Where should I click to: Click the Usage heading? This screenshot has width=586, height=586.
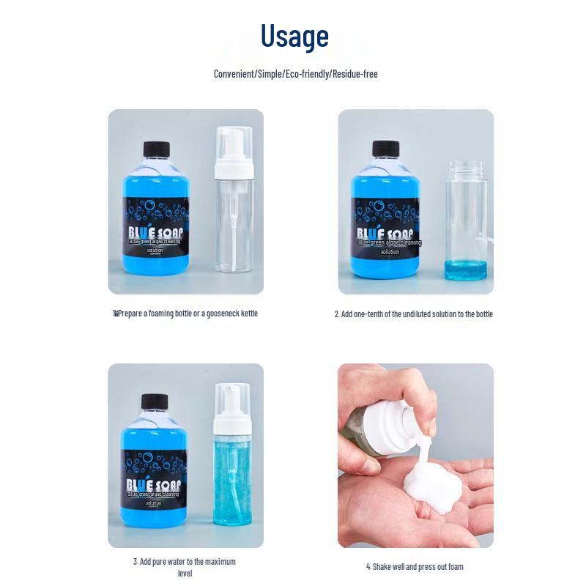[295, 36]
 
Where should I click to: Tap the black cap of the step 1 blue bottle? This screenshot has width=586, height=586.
[155, 149]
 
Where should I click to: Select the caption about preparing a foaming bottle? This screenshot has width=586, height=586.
[186, 314]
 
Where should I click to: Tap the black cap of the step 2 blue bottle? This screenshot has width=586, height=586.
[385, 149]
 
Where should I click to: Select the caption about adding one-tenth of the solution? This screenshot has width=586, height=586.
[414, 314]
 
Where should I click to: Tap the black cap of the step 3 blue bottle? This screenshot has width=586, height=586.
[155, 401]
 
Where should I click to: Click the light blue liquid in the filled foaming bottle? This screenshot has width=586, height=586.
[232, 483]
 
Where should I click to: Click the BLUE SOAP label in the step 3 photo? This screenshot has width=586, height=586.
[155, 486]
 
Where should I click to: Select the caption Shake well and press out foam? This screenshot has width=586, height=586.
[415, 566]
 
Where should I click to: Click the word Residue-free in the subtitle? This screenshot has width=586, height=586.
[355, 74]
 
